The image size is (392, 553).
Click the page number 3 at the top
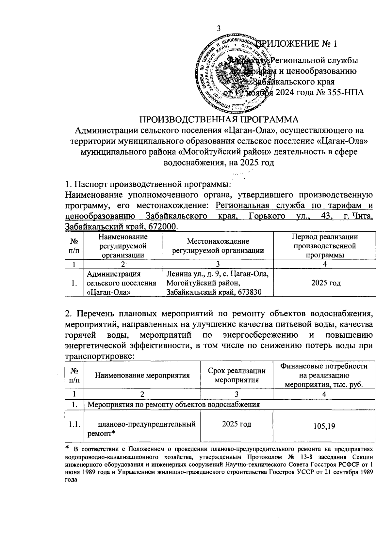tap(219, 28)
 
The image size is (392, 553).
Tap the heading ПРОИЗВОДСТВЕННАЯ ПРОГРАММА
tap(220, 119)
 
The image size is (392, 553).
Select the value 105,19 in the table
tap(324, 426)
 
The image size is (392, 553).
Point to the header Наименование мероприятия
tap(142, 375)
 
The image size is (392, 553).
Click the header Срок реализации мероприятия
tap(237, 375)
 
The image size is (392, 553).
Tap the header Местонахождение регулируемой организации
tap(218, 246)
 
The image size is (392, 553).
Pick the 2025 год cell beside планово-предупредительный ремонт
tap(237, 424)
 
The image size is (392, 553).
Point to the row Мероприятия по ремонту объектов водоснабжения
tap(174, 405)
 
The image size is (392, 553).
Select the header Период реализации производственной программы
tap(325, 246)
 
